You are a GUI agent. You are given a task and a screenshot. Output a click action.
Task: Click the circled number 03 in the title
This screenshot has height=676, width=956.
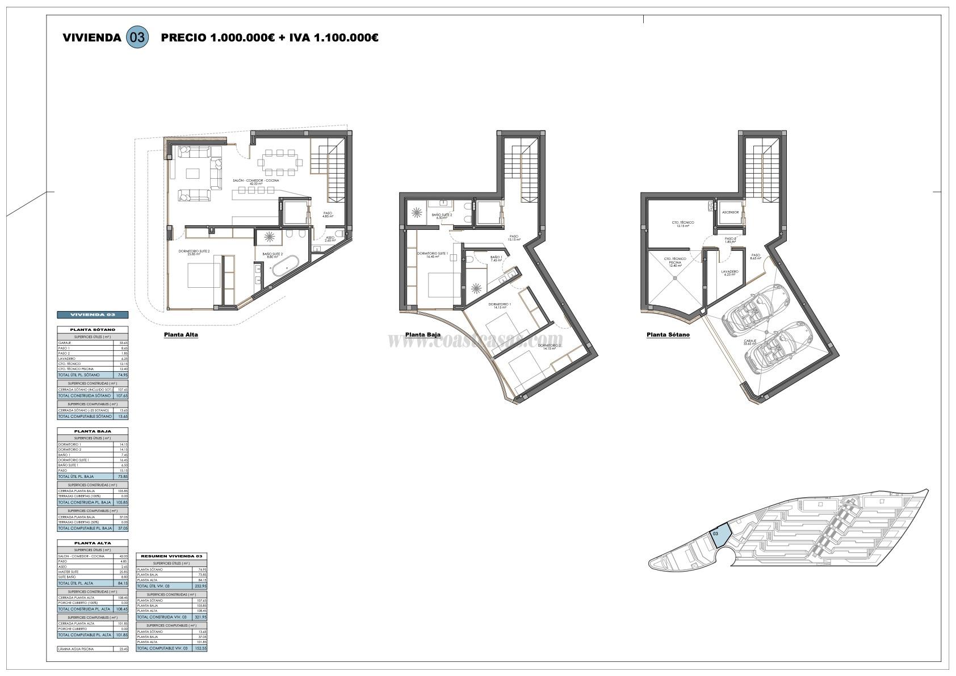(x=137, y=37)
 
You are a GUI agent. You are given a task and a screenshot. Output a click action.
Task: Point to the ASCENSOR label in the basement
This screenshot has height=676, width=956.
(x=730, y=212)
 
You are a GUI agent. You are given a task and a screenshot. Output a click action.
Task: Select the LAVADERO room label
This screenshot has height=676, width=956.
(x=729, y=272)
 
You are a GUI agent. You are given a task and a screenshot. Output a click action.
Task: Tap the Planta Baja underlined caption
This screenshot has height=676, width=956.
(x=422, y=335)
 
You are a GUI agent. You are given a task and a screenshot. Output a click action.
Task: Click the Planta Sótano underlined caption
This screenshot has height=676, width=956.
(x=668, y=335)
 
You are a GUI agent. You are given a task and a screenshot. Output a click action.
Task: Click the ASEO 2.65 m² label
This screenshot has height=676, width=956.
(x=330, y=240)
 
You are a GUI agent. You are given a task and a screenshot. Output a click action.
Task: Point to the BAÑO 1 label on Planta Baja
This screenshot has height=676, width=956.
(x=496, y=259)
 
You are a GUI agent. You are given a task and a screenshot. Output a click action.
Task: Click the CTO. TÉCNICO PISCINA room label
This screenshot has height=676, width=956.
(x=675, y=261)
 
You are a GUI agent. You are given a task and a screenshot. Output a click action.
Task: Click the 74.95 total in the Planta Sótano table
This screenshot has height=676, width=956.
(x=121, y=375)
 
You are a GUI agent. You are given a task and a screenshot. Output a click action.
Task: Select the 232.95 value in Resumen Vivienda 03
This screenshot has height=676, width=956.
(x=200, y=586)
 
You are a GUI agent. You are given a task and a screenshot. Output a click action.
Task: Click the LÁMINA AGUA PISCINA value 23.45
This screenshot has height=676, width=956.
(x=121, y=649)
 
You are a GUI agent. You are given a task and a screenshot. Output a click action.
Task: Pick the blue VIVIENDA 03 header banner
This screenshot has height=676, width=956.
(x=93, y=314)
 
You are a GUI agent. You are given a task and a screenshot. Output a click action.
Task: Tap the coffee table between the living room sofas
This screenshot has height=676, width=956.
(x=194, y=173)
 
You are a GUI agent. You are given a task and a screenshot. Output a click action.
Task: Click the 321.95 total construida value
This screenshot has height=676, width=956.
(x=200, y=617)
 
